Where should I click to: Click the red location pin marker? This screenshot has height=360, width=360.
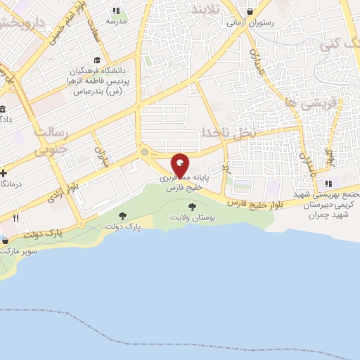pyautogui.click(x=180, y=165)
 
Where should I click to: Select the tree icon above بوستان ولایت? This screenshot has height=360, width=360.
pyautogui.click(x=193, y=207)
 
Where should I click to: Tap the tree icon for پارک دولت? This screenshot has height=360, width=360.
pyautogui.click(x=123, y=215)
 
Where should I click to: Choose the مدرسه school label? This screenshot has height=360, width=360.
pyautogui.click(x=116, y=22)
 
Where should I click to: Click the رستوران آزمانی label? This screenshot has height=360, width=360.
pyautogui.click(x=250, y=22)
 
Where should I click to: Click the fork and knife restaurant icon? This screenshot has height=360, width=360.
pyautogui.click(x=15, y=218)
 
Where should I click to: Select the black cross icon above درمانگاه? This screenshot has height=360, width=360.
pyautogui.click(x=4, y=173)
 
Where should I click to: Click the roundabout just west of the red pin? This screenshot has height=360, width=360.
pyautogui.click(x=145, y=152)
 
